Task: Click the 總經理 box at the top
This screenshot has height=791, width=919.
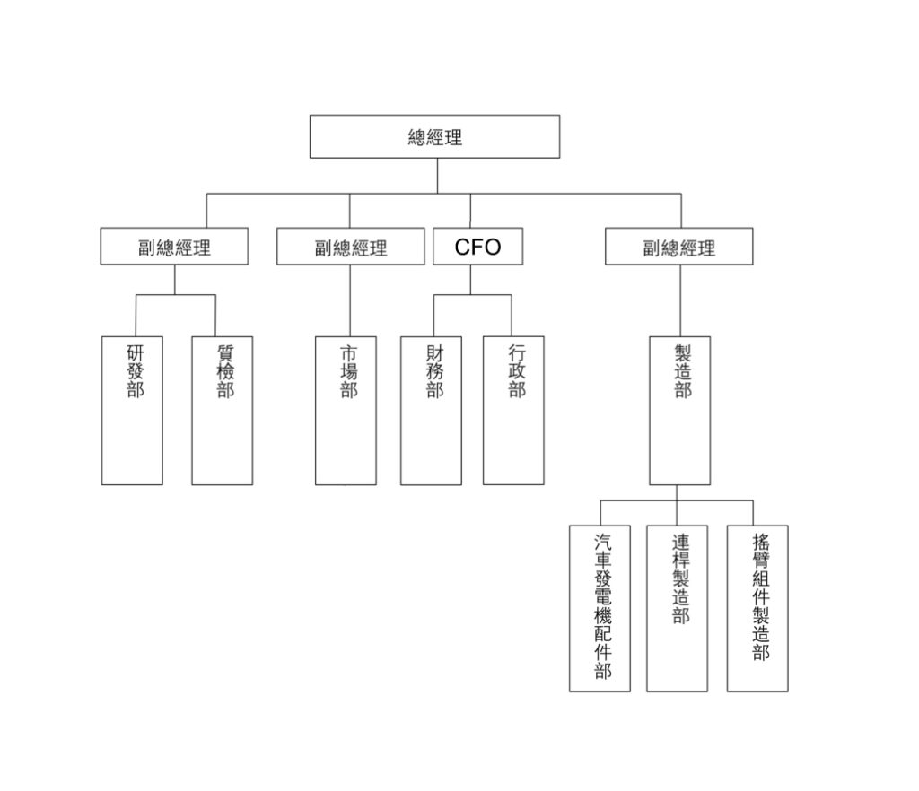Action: pos(434,136)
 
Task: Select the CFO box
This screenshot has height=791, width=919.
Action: pos(477,247)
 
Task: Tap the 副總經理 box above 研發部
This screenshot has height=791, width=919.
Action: pos(174,247)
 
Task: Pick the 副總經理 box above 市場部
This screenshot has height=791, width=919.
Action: pos(350,247)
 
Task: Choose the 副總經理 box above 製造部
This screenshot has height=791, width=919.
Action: pos(678,247)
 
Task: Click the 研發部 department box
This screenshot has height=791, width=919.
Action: pos(133,410)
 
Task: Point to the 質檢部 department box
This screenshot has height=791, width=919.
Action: pos(223,410)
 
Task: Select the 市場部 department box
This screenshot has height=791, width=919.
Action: pos(346,410)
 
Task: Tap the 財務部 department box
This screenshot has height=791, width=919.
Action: pos(432,410)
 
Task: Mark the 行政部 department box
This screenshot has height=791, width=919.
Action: pos(513,410)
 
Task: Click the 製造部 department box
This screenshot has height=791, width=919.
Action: pos(680,410)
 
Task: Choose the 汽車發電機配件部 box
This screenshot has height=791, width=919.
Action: pos(600,608)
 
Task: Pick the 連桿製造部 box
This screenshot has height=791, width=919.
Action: pos(677,608)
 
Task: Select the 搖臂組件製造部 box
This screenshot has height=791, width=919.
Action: pos(757,608)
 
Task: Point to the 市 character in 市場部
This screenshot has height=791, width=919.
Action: pos(348,353)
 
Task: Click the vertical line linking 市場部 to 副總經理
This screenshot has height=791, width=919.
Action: pos(350,300)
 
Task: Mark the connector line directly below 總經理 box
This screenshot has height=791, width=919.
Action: pos(437,176)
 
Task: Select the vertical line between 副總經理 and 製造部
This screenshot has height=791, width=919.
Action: pos(679,300)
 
